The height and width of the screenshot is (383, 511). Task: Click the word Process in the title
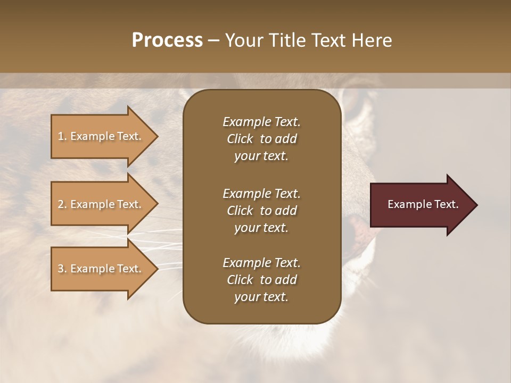(167, 40)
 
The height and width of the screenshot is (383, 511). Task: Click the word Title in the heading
(287, 40)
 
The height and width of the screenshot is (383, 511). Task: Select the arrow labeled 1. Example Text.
(101, 136)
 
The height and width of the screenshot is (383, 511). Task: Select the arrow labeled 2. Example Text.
(101, 204)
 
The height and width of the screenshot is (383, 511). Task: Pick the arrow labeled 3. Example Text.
(101, 269)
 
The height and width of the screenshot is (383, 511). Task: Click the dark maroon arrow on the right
(421, 205)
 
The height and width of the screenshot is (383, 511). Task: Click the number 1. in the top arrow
(62, 136)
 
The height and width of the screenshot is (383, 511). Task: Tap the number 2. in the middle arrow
(62, 204)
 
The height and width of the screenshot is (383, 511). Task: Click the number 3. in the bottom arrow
(62, 269)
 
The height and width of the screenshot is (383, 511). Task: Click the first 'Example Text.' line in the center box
(261, 122)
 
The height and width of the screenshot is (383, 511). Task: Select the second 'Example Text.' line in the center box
(261, 193)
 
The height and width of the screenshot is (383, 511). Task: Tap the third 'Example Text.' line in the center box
(261, 263)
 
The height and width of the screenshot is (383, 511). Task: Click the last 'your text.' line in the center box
(261, 297)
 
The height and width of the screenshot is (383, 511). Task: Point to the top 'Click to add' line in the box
(261, 139)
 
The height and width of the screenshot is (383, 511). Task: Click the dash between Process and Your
(214, 41)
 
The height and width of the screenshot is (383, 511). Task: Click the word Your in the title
(244, 40)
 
